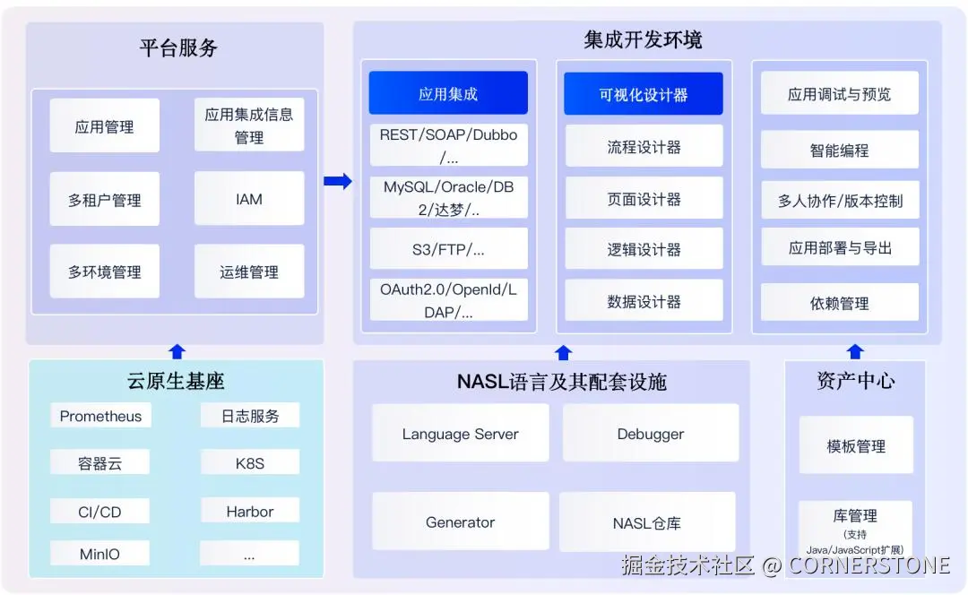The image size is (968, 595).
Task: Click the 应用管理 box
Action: (x=104, y=126)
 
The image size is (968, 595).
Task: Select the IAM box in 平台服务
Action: (x=249, y=199)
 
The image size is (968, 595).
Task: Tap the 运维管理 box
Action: (x=249, y=272)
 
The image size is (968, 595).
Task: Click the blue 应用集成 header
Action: (x=448, y=93)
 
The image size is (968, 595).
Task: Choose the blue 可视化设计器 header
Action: (x=643, y=94)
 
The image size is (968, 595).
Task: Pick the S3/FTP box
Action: (x=448, y=250)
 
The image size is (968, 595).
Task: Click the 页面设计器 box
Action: (x=644, y=199)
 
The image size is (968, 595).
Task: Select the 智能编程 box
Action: (x=839, y=150)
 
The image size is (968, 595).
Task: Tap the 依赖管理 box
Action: (x=839, y=303)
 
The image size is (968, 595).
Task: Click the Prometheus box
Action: (x=100, y=416)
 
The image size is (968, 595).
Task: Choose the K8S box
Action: (x=249, y=463)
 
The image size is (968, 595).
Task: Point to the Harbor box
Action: (x=249, y=512)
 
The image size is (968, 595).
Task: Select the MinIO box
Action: (x=99, y=554)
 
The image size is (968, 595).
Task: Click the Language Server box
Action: (x=460, y=434)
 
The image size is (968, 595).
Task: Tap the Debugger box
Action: (x=650, y=434)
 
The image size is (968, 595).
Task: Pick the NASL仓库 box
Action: (x=646, y=522)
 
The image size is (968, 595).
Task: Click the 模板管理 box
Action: (x=855, y=445)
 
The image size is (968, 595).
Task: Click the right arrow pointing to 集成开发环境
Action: (x=337, y=181)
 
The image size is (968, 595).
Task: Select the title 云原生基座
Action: (x=176, y=382)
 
